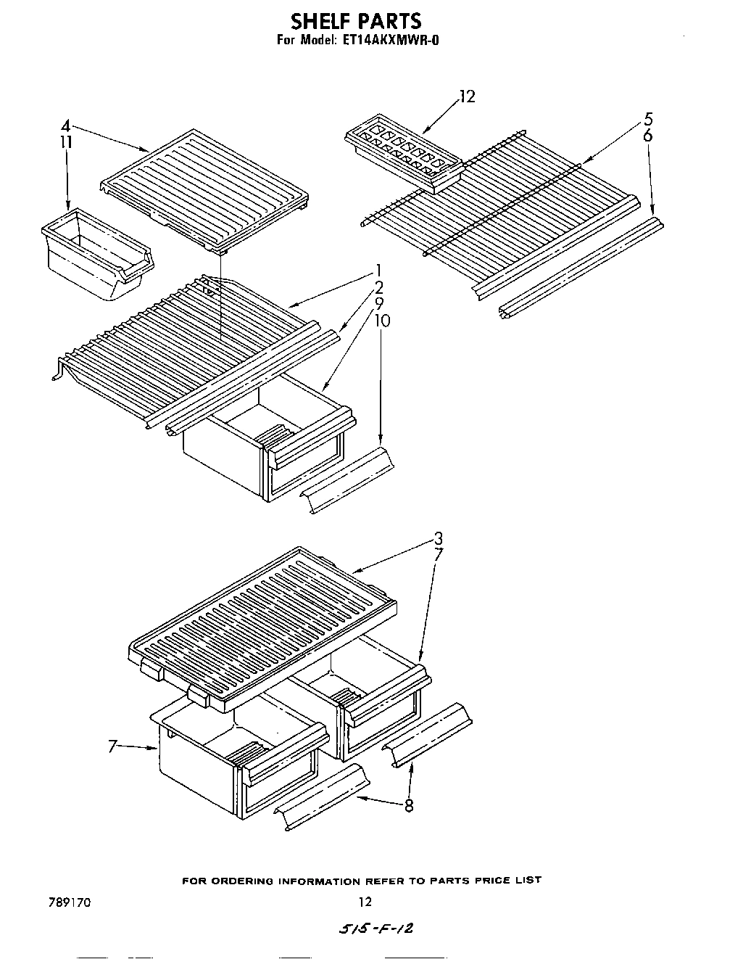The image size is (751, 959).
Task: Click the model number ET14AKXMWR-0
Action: coord(389,40)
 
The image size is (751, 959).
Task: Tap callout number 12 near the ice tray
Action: coord(468,96)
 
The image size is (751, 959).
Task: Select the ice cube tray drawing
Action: coord(404,154)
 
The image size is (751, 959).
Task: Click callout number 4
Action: coord(65,125)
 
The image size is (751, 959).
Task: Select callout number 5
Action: coord(648,120)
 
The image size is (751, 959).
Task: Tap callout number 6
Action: coord(648,136)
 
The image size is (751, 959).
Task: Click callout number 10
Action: coord(382,320)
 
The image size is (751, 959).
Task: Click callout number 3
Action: coord(438,538)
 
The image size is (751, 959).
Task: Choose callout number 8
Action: coord(410,804)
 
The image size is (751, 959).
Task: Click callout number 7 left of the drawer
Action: coord(112,745)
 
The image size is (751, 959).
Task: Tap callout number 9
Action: coord(379,303)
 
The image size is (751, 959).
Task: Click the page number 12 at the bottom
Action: coord(365,902)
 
